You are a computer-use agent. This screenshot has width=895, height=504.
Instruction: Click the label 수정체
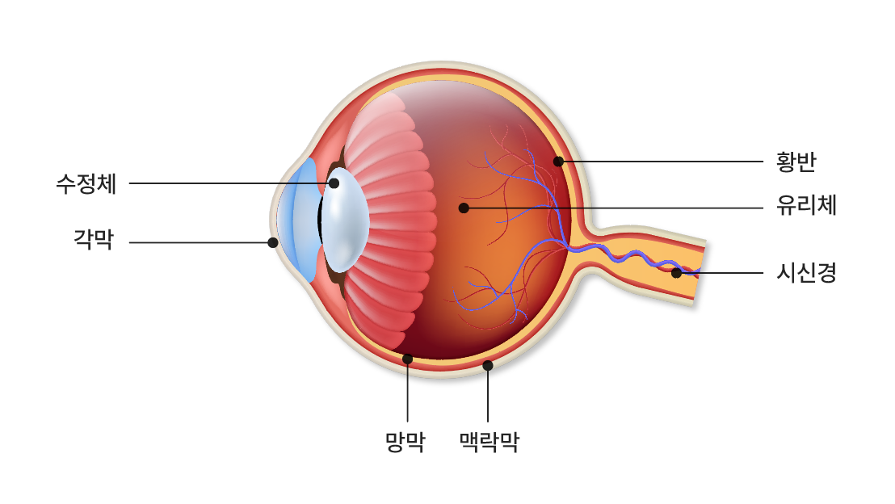[x=86, y=184]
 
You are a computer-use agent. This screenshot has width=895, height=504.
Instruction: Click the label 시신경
[x=806, y=272]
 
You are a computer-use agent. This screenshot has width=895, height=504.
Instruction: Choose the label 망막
[x=405, y=441]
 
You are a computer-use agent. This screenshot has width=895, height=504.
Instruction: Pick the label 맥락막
[x=489, y=441]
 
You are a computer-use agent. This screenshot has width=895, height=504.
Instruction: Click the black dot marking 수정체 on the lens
[x=334, y=183]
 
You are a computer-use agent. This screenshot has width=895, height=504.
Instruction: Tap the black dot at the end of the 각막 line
[x=273, y=242]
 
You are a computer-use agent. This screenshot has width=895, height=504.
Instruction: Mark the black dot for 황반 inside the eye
[x=558, y=162]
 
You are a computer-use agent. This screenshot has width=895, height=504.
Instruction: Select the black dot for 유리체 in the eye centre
[x=464, y=208]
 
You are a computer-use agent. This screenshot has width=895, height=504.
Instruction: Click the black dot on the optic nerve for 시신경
[x=676, y=273]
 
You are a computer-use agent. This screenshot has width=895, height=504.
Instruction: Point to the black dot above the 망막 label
[x=408, y=359]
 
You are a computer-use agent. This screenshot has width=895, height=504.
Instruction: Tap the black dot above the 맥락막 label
[x=488, y=365]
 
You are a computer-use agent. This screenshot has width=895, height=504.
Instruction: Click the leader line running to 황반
[x=662, y=162]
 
